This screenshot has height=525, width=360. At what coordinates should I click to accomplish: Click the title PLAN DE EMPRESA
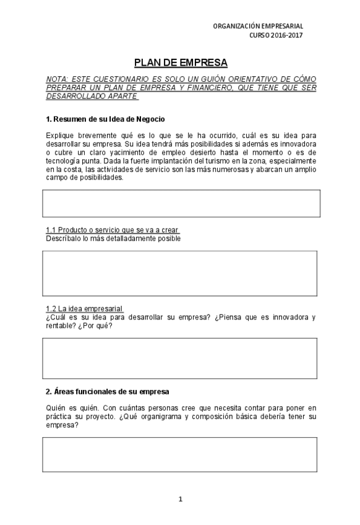(181, 63)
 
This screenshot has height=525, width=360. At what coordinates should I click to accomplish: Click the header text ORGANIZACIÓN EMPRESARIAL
(257, 26)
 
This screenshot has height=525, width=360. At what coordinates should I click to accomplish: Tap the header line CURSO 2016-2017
(276, 35)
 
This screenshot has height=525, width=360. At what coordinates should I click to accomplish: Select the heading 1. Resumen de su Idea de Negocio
(105, 118)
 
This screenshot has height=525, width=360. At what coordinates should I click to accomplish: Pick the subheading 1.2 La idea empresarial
(84, 308)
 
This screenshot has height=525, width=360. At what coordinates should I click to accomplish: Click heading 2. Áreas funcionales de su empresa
(108, 391)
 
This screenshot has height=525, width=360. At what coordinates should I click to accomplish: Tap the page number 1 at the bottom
(181, 499)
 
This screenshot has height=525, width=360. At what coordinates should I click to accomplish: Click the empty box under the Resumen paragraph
(181, 203)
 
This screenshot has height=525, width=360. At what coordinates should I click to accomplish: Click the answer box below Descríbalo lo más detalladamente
(181, 273)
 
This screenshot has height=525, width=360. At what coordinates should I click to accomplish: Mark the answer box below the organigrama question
(181, 454)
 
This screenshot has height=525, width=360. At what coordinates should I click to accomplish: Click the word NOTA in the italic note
(57, 79)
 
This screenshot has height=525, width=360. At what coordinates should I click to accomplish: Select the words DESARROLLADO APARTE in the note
(92, 96)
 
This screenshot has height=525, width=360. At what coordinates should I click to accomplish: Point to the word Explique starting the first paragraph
(61, 134)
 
